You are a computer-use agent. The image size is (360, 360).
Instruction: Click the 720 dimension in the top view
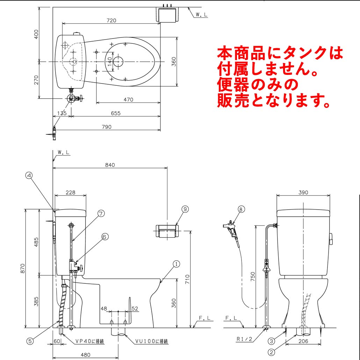point(111,21)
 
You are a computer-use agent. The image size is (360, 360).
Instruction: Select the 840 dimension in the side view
point(110,165)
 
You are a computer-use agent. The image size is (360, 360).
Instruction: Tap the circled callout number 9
point(185,209)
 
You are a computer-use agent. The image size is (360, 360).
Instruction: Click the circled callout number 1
point(177,264)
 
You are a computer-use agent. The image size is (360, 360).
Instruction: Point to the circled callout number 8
point(240,210)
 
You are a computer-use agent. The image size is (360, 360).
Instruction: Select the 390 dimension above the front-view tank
point(303,192)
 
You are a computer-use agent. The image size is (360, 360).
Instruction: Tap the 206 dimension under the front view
point(303,341)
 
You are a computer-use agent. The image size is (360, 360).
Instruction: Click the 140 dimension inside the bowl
point(109,62)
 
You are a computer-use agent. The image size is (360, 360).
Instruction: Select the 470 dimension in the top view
point(128,100)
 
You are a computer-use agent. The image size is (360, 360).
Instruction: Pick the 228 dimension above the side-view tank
point(71,192)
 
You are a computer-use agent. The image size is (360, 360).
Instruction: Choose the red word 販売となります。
point(274,100)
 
